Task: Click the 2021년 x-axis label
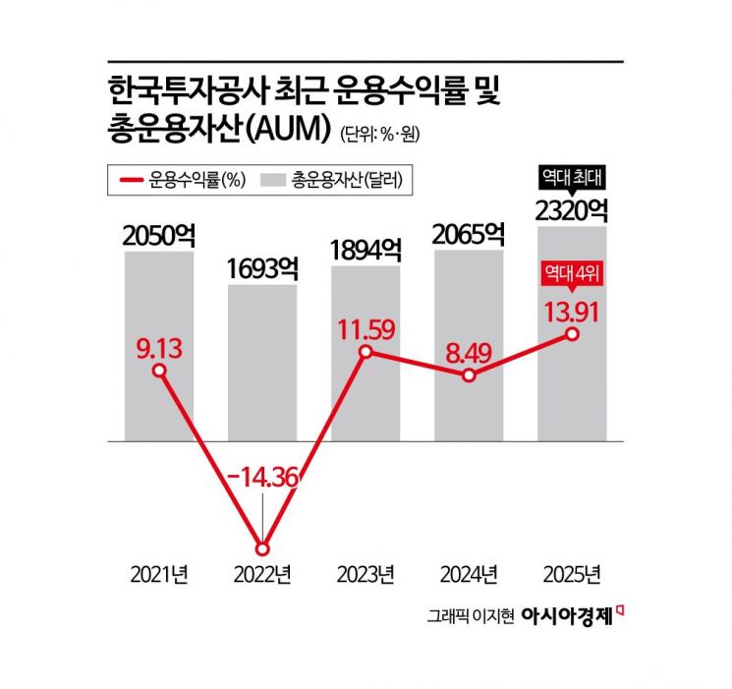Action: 159,574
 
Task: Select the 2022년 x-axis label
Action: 262,574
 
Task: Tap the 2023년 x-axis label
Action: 366,574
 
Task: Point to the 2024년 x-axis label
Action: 469,574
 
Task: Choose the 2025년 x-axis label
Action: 572,574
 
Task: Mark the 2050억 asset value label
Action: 159,235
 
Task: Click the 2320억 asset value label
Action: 572,209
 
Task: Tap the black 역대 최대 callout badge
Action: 572,177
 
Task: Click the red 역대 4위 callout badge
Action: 572,278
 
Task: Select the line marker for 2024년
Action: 469,375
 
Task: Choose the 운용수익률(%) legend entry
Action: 181,180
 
